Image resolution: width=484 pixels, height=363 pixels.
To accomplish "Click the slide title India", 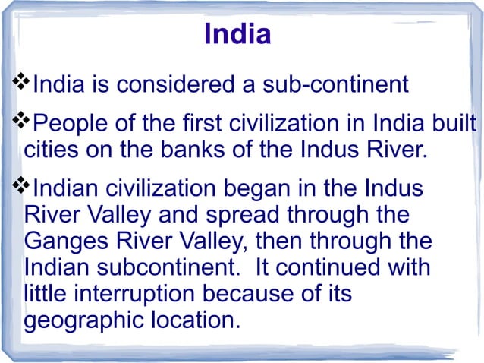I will pyautogui.click(x=237, y=35).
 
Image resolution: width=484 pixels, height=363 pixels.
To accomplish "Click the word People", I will pyautogui.click(x=74, y=122).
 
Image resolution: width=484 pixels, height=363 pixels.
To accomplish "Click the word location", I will pyautogui.click(x=196, y=320).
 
